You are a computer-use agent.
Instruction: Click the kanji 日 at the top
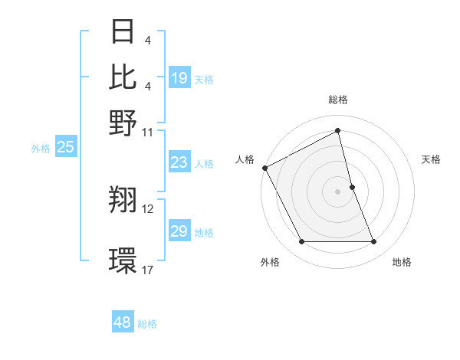tap(123, 32)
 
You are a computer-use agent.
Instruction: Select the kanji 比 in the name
tap(123, 77)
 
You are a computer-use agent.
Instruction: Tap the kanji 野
tap(123, 122)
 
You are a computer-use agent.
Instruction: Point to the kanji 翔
tap(123, 200)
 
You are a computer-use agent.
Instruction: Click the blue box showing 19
tap(179, 78)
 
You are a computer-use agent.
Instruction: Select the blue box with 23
tap(179, 162)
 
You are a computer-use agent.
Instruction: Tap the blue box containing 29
tap(179, 231)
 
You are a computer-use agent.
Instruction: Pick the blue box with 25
tap(65, 148)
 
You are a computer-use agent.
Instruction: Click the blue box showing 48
tap(122, 322)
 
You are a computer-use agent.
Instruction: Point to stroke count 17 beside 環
tap(148, 270)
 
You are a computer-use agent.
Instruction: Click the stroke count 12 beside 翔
tap(148, 208)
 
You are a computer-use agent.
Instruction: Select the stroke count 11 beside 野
tap(148, 132)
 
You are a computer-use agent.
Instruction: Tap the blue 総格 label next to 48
tap(147, 324)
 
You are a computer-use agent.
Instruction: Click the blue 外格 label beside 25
tap(40, 149)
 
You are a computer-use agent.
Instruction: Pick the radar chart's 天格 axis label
tap(431, 159)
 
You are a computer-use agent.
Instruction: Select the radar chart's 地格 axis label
tap(402, 262)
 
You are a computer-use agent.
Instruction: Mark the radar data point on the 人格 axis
tap(264, 168)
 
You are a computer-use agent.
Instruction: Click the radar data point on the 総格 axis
tap(338, 131)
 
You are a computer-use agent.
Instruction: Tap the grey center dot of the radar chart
tap(338, 191)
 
